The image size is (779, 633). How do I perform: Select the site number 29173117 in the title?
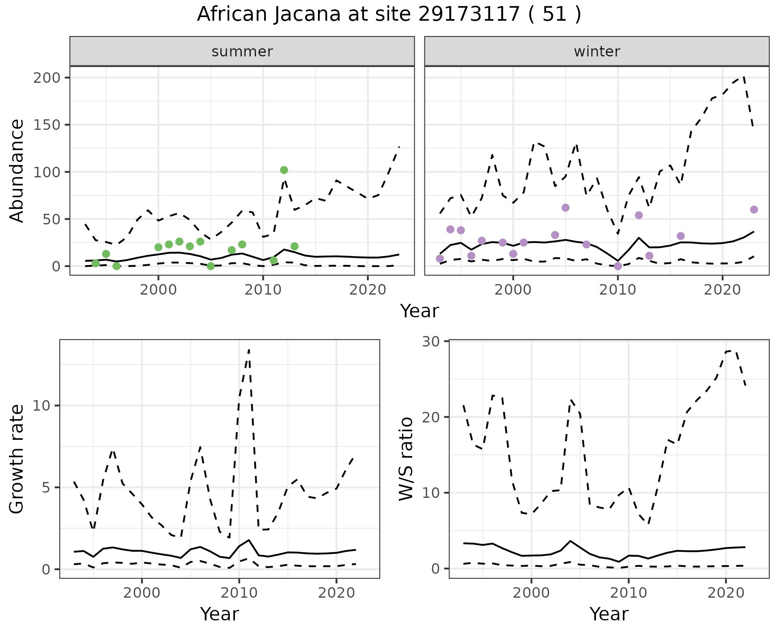click(x=469, y=15)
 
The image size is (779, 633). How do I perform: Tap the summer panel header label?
click(x=242, y=52)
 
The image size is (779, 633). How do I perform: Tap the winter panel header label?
click(x=597, y=52)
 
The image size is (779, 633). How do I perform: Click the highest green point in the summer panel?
click(x=284, y=170)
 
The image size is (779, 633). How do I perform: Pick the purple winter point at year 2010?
click(x=618, y=266)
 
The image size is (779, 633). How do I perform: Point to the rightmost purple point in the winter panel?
click(x=754, y=209)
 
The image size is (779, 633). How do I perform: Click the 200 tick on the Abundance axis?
click(x=47, y=78)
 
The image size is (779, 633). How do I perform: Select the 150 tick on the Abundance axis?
click(x=47, y=125)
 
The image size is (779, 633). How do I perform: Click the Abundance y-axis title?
click(x=17, y=170)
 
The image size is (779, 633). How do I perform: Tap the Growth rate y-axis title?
click(x=17, y=459)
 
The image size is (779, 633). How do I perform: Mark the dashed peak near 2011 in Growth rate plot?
click(x=249, y=350)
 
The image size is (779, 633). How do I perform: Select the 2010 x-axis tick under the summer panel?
click(x=263, y=290)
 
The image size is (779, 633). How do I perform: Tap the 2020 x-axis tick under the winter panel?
click(x=722, y=290)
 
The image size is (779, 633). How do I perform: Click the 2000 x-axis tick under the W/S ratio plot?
click(x=531, y=593)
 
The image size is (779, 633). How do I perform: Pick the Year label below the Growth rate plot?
click(x=219, y=614)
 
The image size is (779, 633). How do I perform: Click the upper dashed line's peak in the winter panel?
click(x=743, y=76)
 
